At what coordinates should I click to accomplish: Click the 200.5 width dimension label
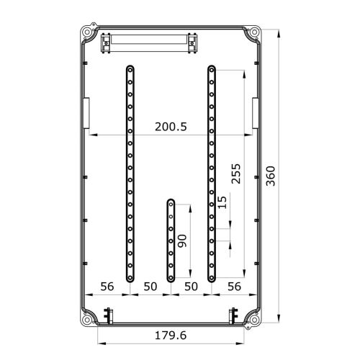pyautogui.click(x=171, y=127)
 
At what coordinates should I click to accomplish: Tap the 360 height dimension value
pyautogui.click(x=271, y=176)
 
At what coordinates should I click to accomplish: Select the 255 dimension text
pyautogui.click(x=235, y=174)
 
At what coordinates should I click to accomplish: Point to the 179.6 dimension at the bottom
pyautogui.click(x=171, y=336)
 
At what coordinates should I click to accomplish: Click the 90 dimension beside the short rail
pyautogui.click(x=182, y=241)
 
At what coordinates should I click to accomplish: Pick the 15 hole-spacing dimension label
pyautogui.click(x=222, y=202)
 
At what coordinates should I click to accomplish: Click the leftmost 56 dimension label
pyautogui.click(x=107, y=287)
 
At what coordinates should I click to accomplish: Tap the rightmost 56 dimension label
pyautogui.click(x=234, y=287)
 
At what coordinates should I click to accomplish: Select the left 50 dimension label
pyautogui.click(x=150, y=287)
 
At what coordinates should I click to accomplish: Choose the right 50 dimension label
pyautogui.click(x=191, y=287)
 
